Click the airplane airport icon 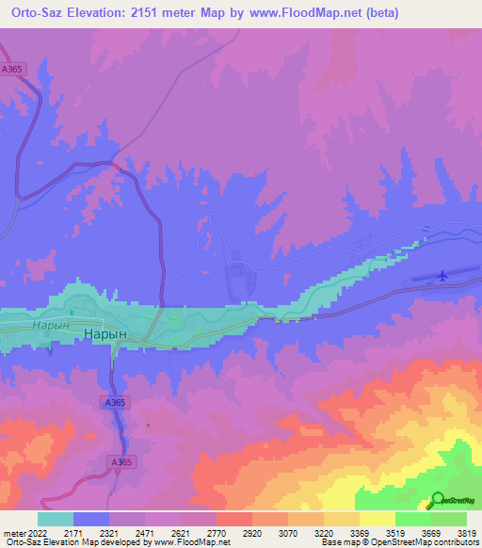(442, 276)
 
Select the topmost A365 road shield (11, 69)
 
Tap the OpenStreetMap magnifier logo (438, 501)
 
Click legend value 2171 (72, 532)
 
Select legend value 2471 (143, 532)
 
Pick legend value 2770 (216, 532)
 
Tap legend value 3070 (286, 532)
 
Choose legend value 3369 (358, 532)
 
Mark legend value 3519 (394, 532)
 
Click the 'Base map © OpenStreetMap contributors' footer (399, 543)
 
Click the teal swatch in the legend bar (55, 519)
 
